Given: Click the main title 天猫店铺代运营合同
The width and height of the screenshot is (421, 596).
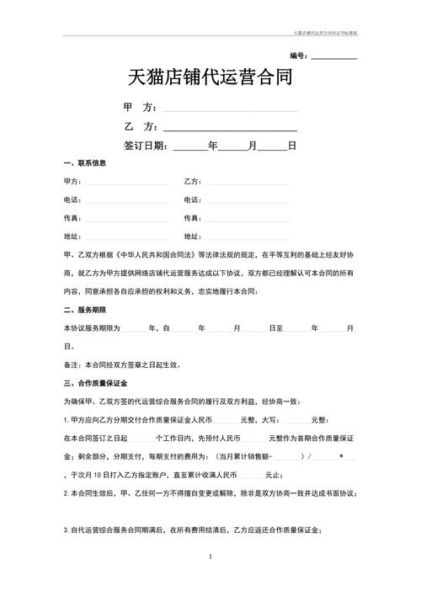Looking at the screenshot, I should click(x=210, y=80).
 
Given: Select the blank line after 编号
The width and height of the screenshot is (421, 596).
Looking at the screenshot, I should click(x=334, y=57).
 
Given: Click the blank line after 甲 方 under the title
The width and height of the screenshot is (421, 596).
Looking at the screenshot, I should click(x=230, y=109).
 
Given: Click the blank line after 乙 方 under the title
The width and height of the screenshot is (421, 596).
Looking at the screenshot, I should click(x=230, y=128).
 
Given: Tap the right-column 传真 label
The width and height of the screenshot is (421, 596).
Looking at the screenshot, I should click(x=192, y=218).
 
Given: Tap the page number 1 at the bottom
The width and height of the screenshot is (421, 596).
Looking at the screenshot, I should click(x=210, y=557).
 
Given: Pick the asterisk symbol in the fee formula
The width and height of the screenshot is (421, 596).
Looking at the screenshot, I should click(x=341, y=456).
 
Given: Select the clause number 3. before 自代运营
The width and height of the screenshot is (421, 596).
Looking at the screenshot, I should click(x=66, y=530).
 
